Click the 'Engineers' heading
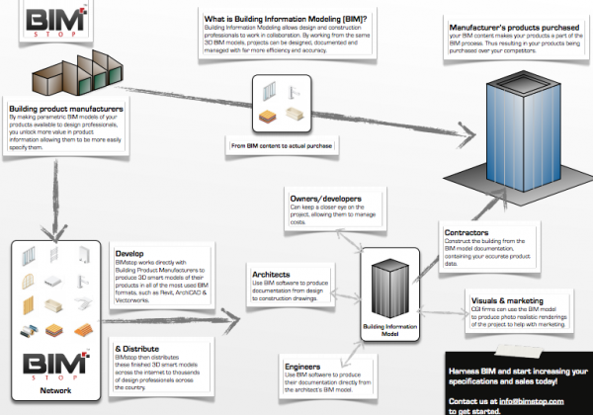pyautogui.click(x=302, y=365)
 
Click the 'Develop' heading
pyautogui.click(x=129, y=253)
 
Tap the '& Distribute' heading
pyautogui.click(x=133, y=348)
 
